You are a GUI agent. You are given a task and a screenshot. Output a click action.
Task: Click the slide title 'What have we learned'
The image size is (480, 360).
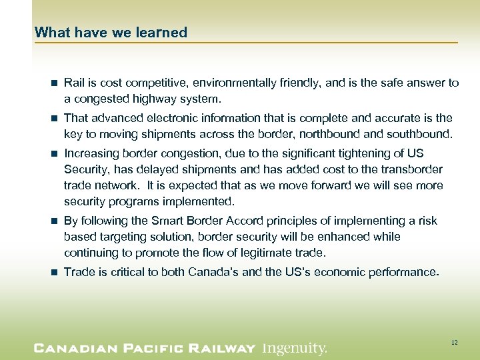coord(111,32)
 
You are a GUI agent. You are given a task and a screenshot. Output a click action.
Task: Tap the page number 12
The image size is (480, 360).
coord(454,342)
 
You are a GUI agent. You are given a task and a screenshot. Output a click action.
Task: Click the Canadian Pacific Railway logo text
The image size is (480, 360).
coord(145,348)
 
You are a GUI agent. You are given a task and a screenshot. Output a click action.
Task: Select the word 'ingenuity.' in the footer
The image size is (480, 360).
coord(295,348)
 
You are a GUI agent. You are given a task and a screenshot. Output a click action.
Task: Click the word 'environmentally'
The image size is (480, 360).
coord(221,83)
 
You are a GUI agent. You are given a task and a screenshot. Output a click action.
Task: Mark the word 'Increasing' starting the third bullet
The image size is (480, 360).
coord(90,154)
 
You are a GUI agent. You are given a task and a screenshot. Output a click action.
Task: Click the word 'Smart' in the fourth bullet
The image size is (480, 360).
coord(168,221)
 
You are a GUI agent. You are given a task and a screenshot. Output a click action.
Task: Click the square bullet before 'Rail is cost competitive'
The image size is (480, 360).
coord(53,83)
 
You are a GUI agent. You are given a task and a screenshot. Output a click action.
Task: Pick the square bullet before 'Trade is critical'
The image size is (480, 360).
coord(53,273)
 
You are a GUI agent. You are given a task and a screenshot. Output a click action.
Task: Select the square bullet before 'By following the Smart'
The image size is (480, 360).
coord(53,221)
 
